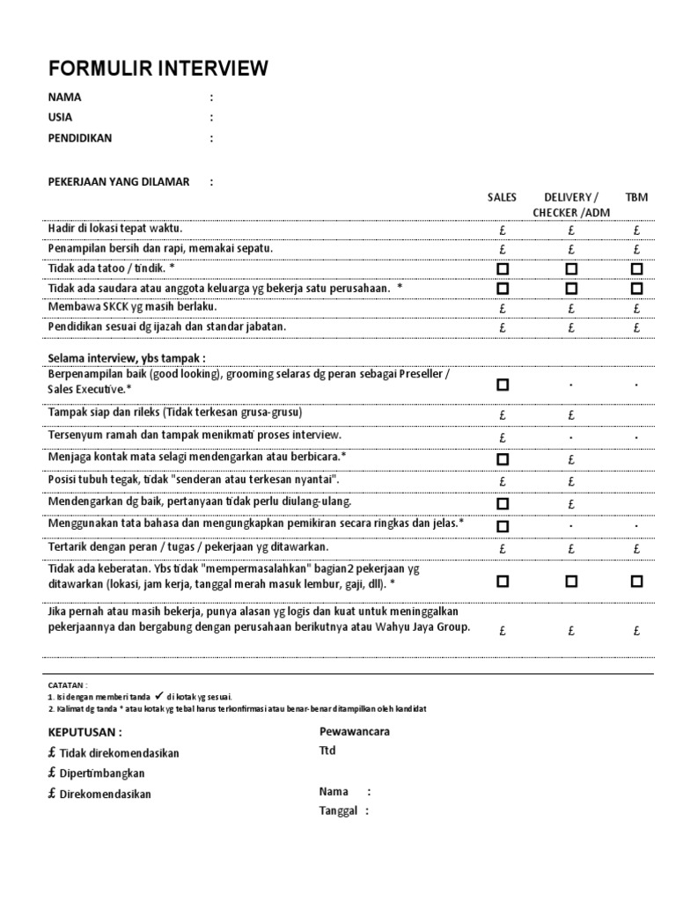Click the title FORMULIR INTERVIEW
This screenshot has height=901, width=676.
(158, 70)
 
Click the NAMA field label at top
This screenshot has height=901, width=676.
(64, 98)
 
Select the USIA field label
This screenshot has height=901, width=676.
(61, 118)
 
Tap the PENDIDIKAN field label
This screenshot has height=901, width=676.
(80, 138)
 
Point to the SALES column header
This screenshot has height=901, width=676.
(503, 198)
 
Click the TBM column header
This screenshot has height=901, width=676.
(636, 198)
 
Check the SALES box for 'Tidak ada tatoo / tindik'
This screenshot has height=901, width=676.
(503, 268)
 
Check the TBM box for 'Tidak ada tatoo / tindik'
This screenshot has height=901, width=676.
(636, 268)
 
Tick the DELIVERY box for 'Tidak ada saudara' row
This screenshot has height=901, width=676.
(571, 288)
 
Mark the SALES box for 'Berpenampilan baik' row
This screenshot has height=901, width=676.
(503, 385)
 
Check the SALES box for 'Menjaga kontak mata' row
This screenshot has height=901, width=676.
(503, 458)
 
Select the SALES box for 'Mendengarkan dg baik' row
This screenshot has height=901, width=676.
(503, 503)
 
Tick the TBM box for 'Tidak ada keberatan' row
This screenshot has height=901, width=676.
(636, 581)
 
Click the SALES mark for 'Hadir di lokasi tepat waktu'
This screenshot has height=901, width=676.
(503, 231)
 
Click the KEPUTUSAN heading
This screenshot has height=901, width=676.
(84, 732)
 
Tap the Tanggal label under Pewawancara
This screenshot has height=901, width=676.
(338, 811)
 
